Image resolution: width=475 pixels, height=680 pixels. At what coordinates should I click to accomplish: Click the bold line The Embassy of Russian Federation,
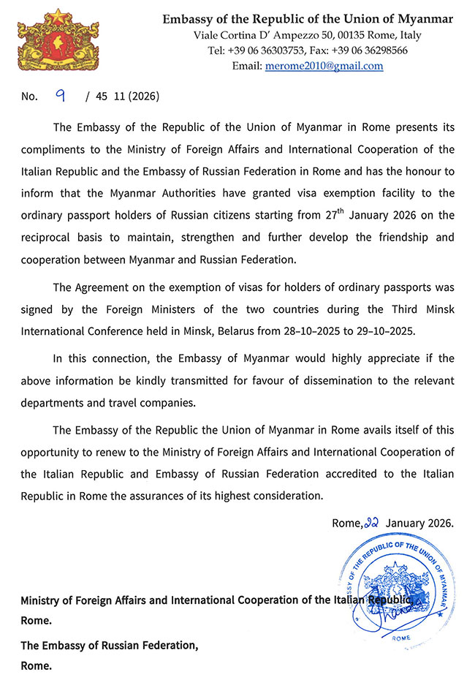pos(110,646)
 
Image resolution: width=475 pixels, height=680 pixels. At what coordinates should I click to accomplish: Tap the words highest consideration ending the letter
pos(273,496)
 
